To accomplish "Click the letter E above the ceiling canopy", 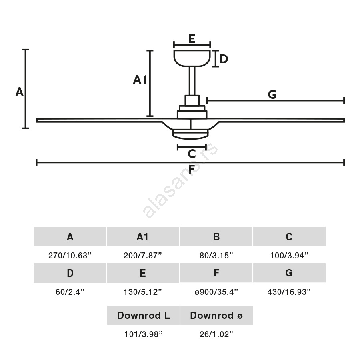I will coord(192,39).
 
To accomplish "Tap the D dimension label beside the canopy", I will coord(224,59).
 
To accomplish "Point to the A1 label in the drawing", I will coord(140,80).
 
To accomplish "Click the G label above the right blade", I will coord(272,95).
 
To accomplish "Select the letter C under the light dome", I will coord(192,154).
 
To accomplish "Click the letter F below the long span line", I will coord(192,170).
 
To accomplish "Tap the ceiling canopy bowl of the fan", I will coord(192,57).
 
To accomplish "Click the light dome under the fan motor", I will coord(192,134).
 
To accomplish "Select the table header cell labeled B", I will coord(216,237).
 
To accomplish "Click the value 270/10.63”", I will coord(70,256).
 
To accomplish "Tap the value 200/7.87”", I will coord(143,256).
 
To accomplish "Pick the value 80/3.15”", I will coord(216,256).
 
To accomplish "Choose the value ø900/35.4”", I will coord(216,292).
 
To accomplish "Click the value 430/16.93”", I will coord(289,292).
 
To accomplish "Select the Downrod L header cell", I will coord(143,316).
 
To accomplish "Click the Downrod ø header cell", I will coord(216,316).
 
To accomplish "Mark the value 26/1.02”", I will coord(216,335).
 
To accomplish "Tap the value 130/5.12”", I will coord(143,292).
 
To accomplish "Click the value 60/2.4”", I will coord(70,292).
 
